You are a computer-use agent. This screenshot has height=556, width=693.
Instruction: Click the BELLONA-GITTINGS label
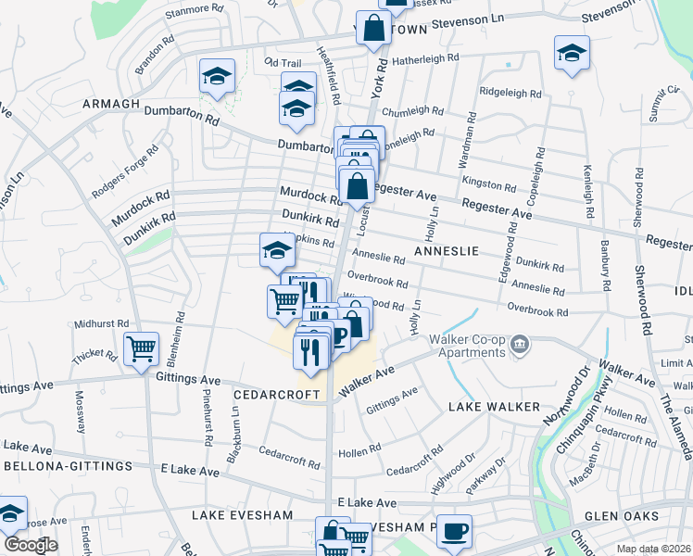point(65,465)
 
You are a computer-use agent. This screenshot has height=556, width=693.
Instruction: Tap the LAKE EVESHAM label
point(242,514)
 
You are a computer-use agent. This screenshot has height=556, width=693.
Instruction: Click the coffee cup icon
point(454,532)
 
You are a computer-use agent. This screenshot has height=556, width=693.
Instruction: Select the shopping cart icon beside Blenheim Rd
point(141,350)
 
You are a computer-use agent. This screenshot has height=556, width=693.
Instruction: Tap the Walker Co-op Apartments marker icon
point(520,346)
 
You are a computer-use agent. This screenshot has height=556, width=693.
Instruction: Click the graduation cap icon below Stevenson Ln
point(572,53)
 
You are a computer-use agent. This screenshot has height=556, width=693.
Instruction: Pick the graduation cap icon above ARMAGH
point(217,76)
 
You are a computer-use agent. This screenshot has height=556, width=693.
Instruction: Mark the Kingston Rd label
point(489,183)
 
